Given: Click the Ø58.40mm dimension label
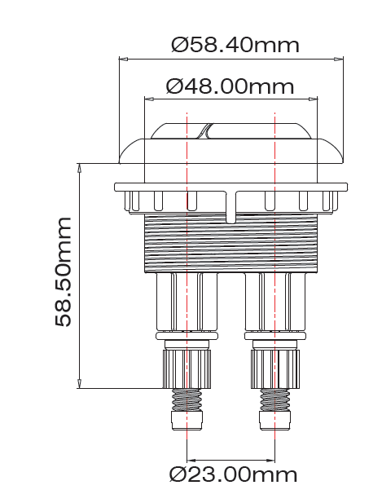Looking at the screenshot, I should point(235,45).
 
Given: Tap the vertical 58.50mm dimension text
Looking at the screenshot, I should point(64,271).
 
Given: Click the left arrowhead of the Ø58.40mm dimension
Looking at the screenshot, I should point(122,58).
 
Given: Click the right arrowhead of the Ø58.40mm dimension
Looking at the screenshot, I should point(339,58).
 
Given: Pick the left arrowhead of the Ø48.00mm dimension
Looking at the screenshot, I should point(147,99).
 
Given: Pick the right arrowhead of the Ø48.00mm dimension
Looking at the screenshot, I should point(314,99).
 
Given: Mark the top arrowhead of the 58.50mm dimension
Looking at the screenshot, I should point(79,165).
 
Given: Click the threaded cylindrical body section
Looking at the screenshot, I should point(230,245).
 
